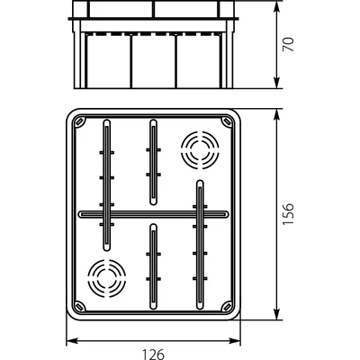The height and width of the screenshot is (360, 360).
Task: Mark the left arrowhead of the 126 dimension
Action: click(x=72, y=341)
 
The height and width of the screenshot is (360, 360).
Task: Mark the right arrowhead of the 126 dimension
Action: click(x=238, y=341)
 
